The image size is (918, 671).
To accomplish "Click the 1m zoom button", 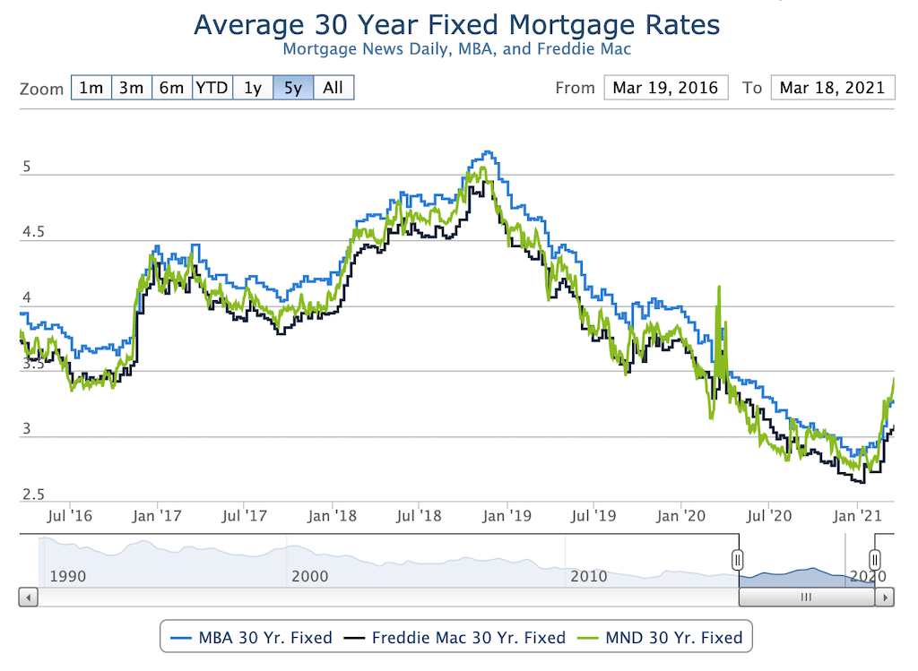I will [x=91, y=88].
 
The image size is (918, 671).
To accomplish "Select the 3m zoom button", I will [x=131, y=88].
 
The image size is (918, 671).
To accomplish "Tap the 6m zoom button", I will [x=171, y=88].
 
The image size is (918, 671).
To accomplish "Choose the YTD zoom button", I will [x=212, y=88].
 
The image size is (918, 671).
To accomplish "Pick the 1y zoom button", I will [x=253, y=88].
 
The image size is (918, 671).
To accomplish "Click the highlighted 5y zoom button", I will [x=293, y=88].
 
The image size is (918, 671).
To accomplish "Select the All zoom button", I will [x=333, y=88].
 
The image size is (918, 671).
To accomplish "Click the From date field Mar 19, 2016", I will [x=665, y=88].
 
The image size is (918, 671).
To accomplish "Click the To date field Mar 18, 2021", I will [x=832, y=88].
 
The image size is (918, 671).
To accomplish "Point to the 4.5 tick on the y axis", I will [x=32, y=233].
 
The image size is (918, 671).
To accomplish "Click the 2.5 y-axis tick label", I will [x=32, y=495].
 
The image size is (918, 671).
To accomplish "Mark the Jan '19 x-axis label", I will [x=507, y=516].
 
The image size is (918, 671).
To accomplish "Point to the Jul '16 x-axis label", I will [x=69, y=516].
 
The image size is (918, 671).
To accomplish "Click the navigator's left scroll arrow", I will [x=28, y=597].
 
